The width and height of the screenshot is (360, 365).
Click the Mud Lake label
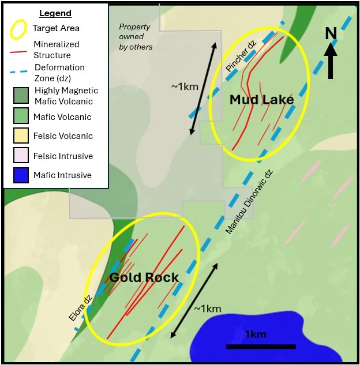(261, 100)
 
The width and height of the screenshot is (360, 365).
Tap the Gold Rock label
(144, 278)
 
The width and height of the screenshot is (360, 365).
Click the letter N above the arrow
(331, 33)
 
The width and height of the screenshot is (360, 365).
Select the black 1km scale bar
(261, 347)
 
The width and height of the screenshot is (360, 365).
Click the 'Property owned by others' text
(135, 36)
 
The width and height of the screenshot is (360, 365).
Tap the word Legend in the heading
(55, 13)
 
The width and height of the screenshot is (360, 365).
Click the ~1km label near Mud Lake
(185, 86)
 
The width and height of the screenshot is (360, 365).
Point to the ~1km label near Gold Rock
(207, 308)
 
